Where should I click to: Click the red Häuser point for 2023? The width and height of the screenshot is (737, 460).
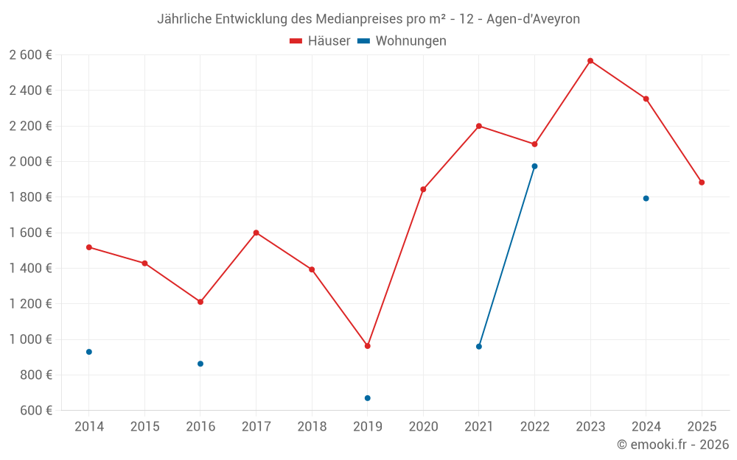(x=590, y=60)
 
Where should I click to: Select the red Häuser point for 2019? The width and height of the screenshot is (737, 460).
(x=368, y=346)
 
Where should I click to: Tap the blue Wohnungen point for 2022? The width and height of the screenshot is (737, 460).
(x=534, y=166)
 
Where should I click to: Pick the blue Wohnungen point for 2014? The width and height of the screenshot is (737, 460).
(x=89, y=352)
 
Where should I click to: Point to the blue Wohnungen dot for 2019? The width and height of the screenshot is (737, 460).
(x=368, y=398)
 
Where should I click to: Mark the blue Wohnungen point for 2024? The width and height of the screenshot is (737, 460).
(x=646, y=198)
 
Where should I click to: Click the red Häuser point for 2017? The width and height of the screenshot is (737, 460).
(x=256, y=233)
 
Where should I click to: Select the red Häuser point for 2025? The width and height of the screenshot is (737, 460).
(x=702, y=183)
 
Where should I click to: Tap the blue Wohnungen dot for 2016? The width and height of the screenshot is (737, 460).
(x=200, y=364)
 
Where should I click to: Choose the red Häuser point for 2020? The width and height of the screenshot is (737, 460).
(x=423, y=189)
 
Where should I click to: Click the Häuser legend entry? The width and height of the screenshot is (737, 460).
(x=320, y=41)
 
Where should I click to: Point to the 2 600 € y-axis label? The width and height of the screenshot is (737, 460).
(x=30, y=55)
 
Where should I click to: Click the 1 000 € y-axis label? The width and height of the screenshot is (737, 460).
(x=30, y=339)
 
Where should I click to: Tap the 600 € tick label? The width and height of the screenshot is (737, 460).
(x=35, y=411)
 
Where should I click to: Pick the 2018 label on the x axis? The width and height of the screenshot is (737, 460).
(x=312, y=426)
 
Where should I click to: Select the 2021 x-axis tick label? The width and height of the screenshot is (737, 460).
(x=479, y=426)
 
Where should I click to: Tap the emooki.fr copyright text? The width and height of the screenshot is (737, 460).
(x=673, y=445)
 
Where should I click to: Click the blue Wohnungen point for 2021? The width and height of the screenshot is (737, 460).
(x=479, y=347)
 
